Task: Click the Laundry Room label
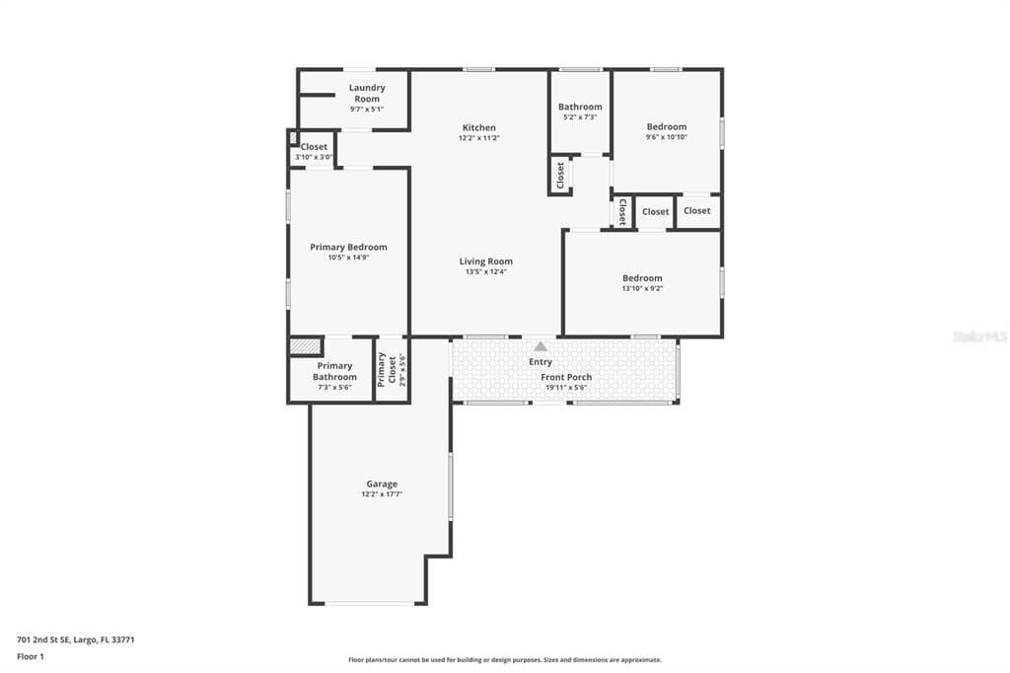click(367, 93)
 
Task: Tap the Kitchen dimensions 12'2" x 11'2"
click(479, 138)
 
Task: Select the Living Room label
click(486, 262)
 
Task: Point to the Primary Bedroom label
click(348, 247)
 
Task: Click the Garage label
click(382, 484)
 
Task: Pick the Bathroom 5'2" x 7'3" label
click(580, 107)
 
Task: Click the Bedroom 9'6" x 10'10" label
click(667, 126)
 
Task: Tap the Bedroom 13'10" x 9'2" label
click(642, 278)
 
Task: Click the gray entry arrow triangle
click(541, 346)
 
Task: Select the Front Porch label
click(566, 377)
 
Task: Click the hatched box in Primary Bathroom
click(306, 347)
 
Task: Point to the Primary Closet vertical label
click(383, 369)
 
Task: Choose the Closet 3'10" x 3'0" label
click(314, 147)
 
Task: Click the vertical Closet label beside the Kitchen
click(560, 176)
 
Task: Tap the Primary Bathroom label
click(334, 371)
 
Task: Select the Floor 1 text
click(31, 656)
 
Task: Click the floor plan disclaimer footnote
click(504, 660)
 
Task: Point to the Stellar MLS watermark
click(979, 336)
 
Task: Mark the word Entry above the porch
click(541, 362)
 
